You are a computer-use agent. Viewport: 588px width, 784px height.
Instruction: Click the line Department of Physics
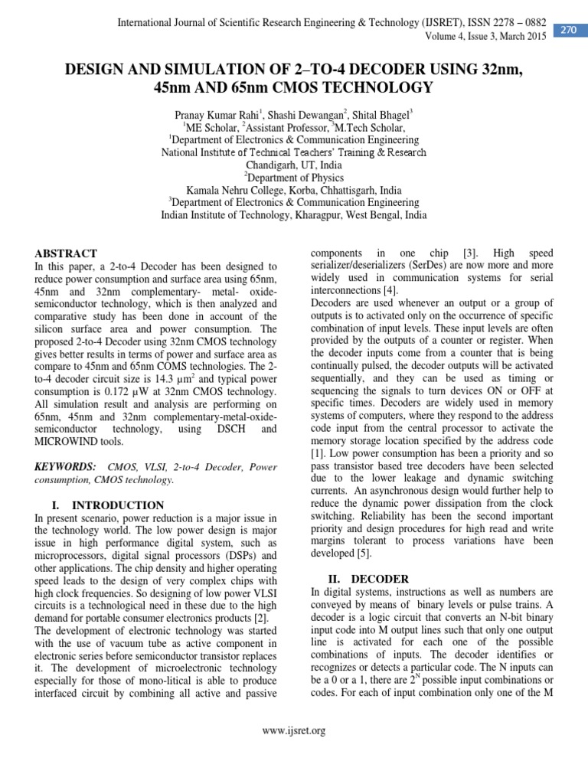tap(295, 178)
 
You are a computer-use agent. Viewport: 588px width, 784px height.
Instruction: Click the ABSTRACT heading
tap(67, 253)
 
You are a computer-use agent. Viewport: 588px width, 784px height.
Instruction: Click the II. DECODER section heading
tap(358, 579)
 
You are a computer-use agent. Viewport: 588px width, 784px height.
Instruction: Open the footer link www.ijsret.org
tap(294, 731)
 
